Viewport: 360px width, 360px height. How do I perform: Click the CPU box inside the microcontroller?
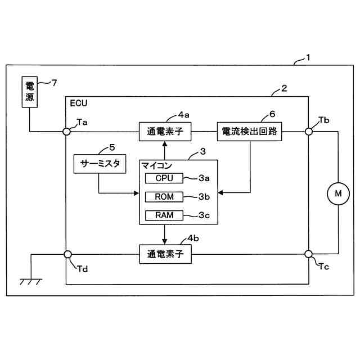click(x=164, y=178)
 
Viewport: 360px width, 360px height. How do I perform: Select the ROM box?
click(x=164, y=197)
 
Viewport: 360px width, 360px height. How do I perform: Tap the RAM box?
click(x=164, y=215)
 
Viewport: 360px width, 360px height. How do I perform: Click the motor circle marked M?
click(x=338, y=193)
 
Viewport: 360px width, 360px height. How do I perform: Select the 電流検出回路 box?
click(x=250, y=132)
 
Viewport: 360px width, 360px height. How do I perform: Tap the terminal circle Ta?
click(x=66, y=132)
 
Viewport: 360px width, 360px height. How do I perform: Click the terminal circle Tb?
click(x=309, y=132)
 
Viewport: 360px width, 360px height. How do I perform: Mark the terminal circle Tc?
click(x=309, y=254)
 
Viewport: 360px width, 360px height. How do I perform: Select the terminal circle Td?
click(x=66, y=254)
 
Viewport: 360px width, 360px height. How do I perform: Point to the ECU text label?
click(x=79, y=103)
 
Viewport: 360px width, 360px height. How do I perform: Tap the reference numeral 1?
click(x=308, y=57)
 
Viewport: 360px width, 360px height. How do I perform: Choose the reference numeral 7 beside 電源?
click(x=55, y=83)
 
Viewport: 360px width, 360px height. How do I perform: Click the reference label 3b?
click(x=204, y=197)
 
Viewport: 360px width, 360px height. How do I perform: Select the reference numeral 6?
click(x=272, y=113)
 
